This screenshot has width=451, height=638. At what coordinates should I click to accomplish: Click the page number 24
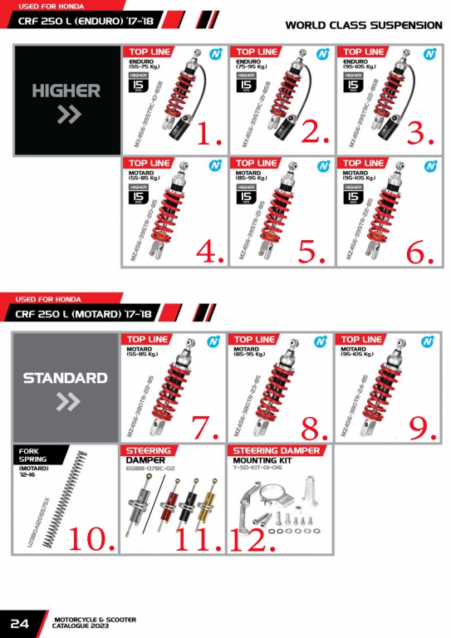coord(21,623)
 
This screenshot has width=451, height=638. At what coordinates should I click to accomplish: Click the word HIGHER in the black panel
coord(66,91)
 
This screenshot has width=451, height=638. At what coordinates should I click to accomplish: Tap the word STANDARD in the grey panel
coord(65,378)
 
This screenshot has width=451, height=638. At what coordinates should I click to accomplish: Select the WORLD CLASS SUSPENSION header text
coord(363,25)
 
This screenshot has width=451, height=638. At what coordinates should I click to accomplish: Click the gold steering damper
coord(199,503)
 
